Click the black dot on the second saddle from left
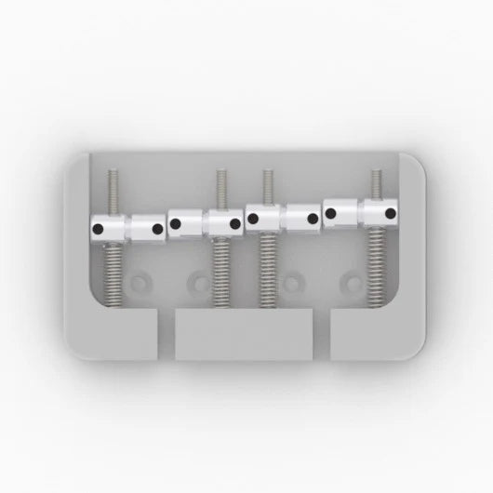tap(157, 228)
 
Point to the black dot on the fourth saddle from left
tap(235, 223)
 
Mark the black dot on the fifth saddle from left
tap(253, 219)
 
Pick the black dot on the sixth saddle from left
tap(313, 220)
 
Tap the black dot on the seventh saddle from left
tap(330, 213)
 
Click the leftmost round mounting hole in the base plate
tap(140, 280)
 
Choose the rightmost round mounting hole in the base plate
tap(351, 280)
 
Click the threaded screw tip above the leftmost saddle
tap(111, 191)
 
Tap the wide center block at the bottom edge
tap(244, 335)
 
